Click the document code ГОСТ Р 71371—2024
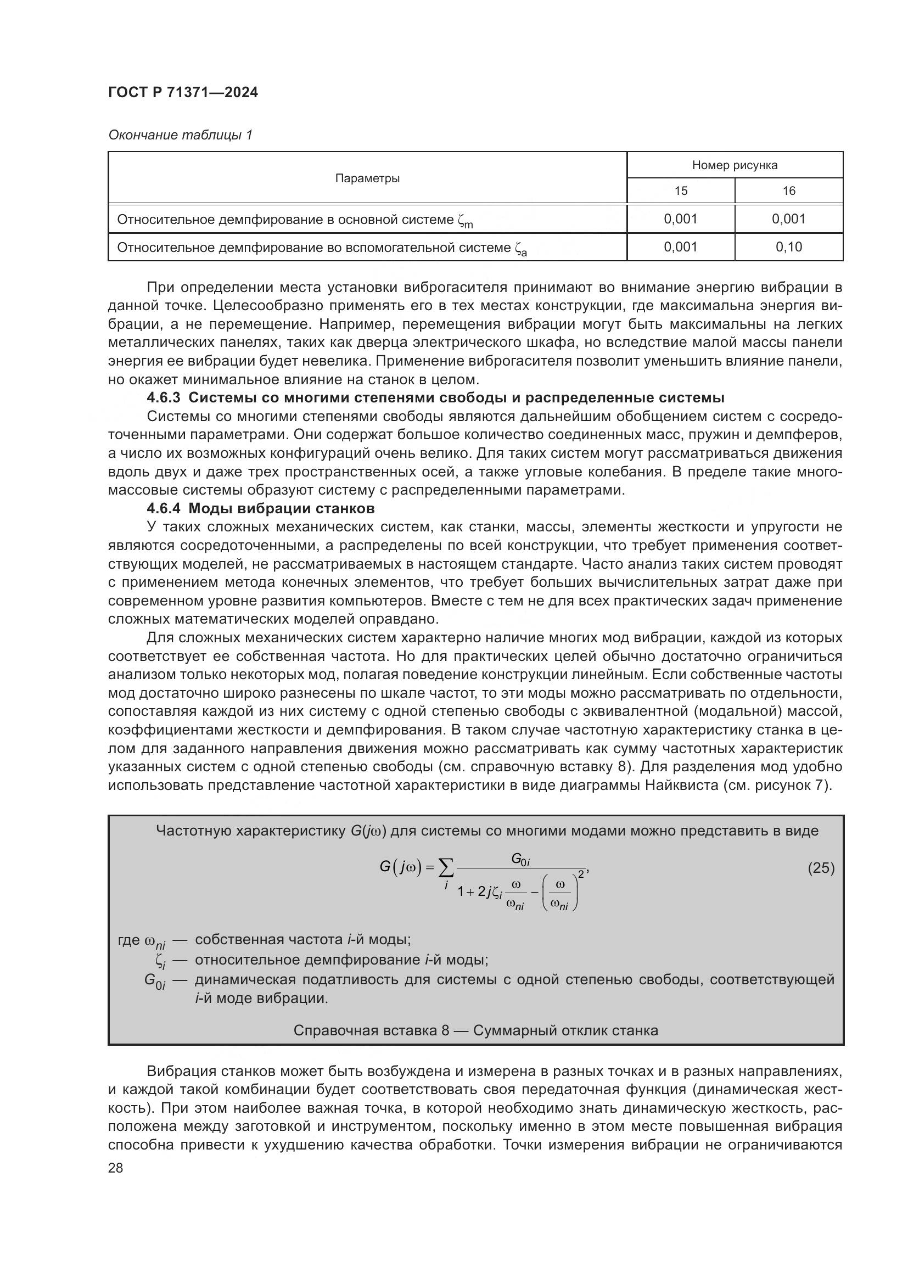point(183,93)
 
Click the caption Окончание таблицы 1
point(180,136)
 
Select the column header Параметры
point(367,178)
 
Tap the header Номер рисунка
point(734,166)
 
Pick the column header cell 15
point(680,191)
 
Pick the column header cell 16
point(788,191)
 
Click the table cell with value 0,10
point(788,247)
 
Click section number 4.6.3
point(163,398)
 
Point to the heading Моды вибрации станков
point(281,509)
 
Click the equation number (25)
point(821,868)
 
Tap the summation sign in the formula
point(446,868)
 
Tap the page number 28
point(115,1168)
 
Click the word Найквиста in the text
point(682,786)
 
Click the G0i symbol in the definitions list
point(155,981)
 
